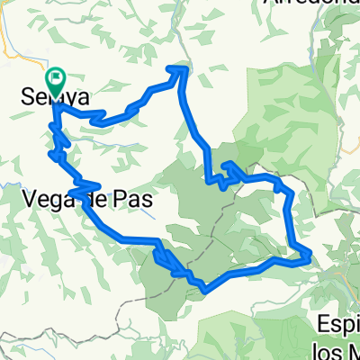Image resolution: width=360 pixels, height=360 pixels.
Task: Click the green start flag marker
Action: tap(56, 84)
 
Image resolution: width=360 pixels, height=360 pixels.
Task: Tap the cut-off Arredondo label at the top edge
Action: tap(310, 4)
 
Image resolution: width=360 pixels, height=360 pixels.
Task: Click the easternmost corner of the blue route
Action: tap(310, 256)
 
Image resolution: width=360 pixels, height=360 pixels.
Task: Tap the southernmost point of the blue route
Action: tap(207, 290)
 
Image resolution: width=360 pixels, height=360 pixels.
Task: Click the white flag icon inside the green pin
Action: tap(56, 78)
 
